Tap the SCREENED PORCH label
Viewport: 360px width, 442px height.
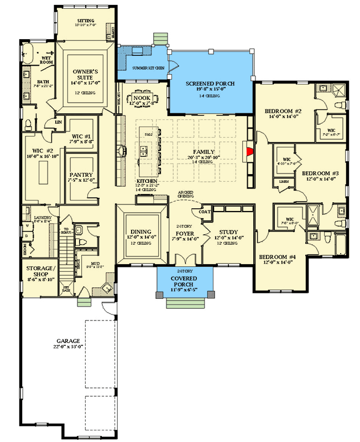[210, 84]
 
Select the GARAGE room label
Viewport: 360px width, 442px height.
[68, 341]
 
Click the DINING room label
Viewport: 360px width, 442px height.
[141, 232]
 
